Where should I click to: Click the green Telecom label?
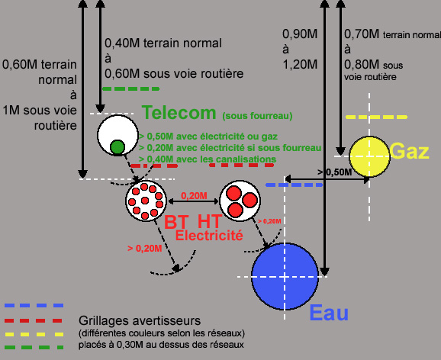pyautogui.click(x=179, y=112)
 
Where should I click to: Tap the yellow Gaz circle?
pyautogui.click(x=369, y=156)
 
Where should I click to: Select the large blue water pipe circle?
pyautogui.click(x=285, y=276)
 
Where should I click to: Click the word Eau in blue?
pyautogui.click(x=329, y=313)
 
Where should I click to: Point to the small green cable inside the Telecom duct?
pyautogui.click(x=117, y=147)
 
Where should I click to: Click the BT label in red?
pyautogui.click(x=175, y=222)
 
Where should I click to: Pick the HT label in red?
pyautogui.click(x=210, y=221)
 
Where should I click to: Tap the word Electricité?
pyautogui.click(x=209, y=235)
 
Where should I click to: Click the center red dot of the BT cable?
pyautogui.click(x=145, y=201)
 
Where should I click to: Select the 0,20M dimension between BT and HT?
pyautogui.click(x=194, y=196)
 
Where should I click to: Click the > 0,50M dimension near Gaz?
pyautogui.click(x=335, y=172)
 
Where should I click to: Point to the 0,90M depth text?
pyautogui.click(x=300, y=34)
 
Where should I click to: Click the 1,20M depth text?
pyautogui.click(x=300, y=64)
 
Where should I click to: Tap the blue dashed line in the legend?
pyautogui.click(x=34, y=305)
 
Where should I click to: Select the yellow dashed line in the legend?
pyautogui.click(x=34, y=334)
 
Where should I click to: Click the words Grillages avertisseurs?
pyautogui.click(x=140, y=320)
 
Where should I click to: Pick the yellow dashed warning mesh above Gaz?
pyautogui.click(x=376, y=117)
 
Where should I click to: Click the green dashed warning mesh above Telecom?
pyautogui.click(x=131, y=89)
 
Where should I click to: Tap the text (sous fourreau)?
pyautogui.click(x=257, y=116)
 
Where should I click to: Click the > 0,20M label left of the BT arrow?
pyautogui.click(x=144, y=249)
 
